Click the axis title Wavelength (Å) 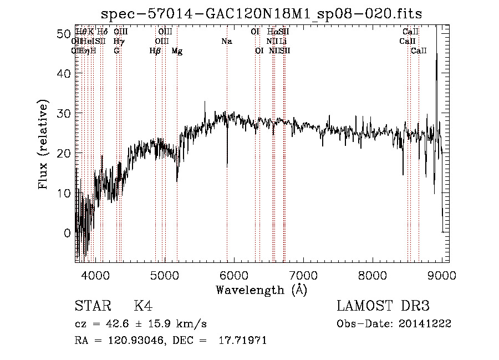click(261, 290)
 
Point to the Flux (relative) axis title click(44, 144)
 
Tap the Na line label click(226, 42)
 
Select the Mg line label click(177, 51)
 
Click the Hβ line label click(155, 51)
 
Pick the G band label click(116, 51)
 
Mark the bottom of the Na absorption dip click(227, 165)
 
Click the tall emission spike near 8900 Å click(437, 55)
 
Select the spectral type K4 click(143, 306)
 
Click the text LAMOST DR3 click(383, 306)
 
